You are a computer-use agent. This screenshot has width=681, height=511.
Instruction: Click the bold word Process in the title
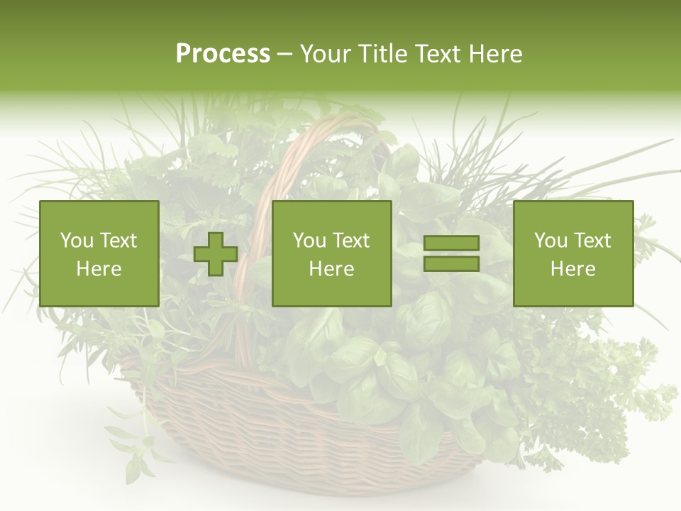[223, 54]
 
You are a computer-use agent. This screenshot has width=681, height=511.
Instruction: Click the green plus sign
[216, 254]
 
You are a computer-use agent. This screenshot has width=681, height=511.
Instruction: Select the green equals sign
[451, 254]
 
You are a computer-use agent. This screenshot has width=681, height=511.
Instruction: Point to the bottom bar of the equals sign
[451, 264]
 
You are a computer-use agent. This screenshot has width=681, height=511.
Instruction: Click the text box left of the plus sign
[99, 254]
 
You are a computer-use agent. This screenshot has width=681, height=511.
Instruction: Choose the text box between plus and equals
[332, 254]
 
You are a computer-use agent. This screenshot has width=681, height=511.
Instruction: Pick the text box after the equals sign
[573, 254]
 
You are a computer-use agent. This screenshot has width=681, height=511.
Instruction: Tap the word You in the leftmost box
[76, 241]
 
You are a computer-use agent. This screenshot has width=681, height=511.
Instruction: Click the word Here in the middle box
[332, 269]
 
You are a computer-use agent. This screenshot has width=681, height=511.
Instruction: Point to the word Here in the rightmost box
[573, 269]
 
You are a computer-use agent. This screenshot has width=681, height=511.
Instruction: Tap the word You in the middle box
[309, 241]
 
